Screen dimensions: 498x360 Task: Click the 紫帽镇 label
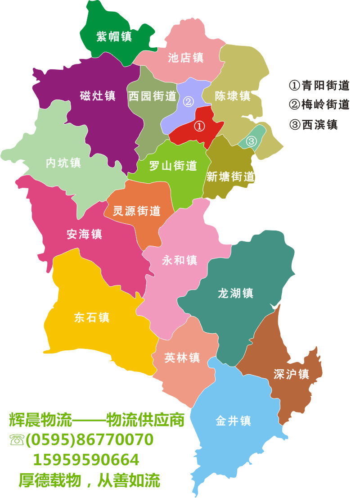click(x=114, y=36)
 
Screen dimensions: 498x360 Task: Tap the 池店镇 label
click(x=186, y=58)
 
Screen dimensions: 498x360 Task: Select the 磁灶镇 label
click(x=98, y=96)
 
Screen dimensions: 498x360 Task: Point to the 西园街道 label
click(x=152, y=96)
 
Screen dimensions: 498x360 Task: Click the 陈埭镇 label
click(x=232, y=96)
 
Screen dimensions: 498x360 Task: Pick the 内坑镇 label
click(x=63, y=163)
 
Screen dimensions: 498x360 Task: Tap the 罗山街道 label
click(x=173, y=166)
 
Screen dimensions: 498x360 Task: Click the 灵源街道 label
click(x=137, y=211)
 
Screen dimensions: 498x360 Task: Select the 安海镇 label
click(x=84, y=234)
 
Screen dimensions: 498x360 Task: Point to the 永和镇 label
click(x=180, y=260)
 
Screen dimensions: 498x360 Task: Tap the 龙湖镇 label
click(x=235, y=294)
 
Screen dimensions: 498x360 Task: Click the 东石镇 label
click(x=92, y=317)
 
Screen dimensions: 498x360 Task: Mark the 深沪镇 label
click(x=291, y=374)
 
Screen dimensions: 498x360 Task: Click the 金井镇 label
click(x=233, y=421)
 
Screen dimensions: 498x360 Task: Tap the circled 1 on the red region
click(x=199, y=127)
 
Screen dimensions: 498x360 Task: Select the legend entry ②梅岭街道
click(x=319, y=104)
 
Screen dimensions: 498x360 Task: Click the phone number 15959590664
click(x=86, y=460)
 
